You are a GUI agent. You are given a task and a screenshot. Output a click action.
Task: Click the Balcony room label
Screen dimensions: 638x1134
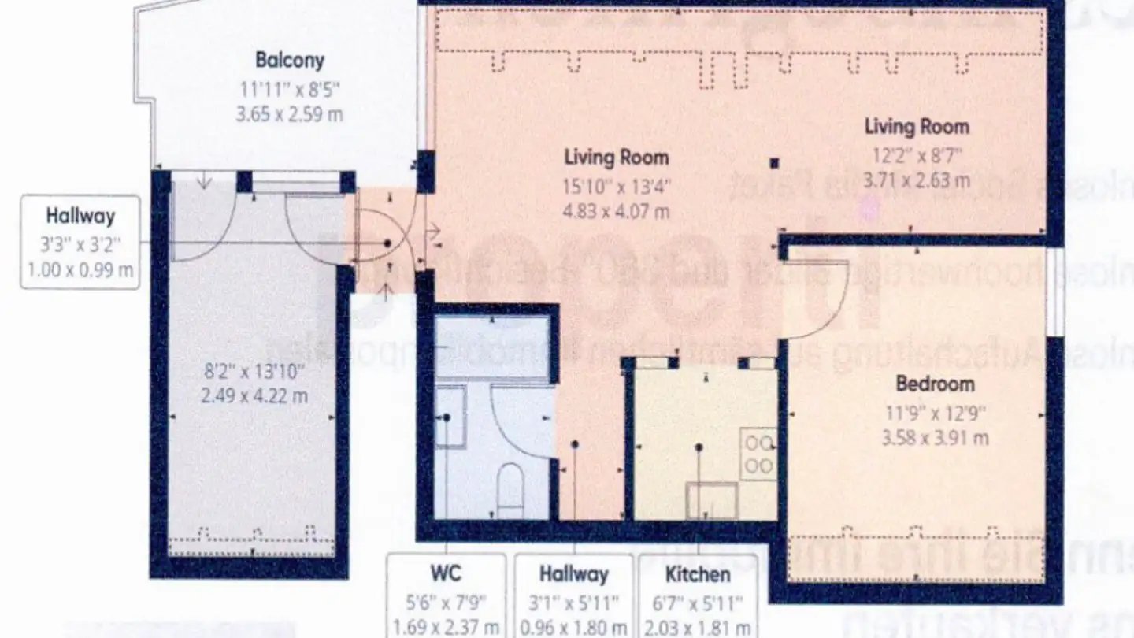click(290, 60)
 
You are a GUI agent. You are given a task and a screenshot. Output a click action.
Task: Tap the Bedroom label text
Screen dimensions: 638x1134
click(935, 384)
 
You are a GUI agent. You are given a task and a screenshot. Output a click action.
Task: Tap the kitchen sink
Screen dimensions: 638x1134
click(712, 501)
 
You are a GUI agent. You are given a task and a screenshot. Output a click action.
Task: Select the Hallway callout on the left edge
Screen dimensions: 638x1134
click(80, 243)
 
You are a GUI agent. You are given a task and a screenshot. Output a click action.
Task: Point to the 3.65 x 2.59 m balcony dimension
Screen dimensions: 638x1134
click(290, 113)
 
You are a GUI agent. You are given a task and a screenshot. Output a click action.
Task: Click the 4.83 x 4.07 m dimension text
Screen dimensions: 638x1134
click(617, 211)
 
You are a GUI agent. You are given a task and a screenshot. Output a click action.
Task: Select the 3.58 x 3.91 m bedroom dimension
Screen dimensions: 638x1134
click(936, 437)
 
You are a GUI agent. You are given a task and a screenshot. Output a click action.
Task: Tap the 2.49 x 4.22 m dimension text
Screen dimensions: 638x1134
click(254, 395)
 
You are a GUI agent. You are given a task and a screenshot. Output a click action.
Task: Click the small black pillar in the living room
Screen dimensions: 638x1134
click(774, 163)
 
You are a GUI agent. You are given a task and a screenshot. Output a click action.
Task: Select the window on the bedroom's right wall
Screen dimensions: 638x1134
click(1055, 291)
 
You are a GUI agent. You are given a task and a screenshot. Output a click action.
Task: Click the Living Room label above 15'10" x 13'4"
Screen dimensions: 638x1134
click(617, 157)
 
